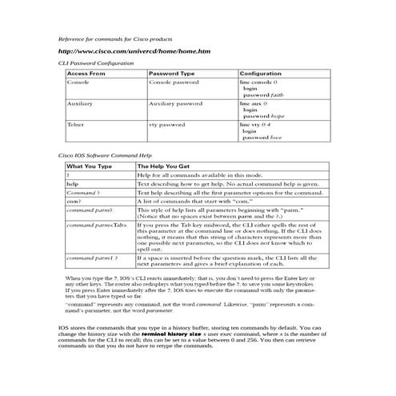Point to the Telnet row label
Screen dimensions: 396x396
click(x=77, y=126)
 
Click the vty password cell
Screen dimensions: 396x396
click(x=167, y=126)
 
